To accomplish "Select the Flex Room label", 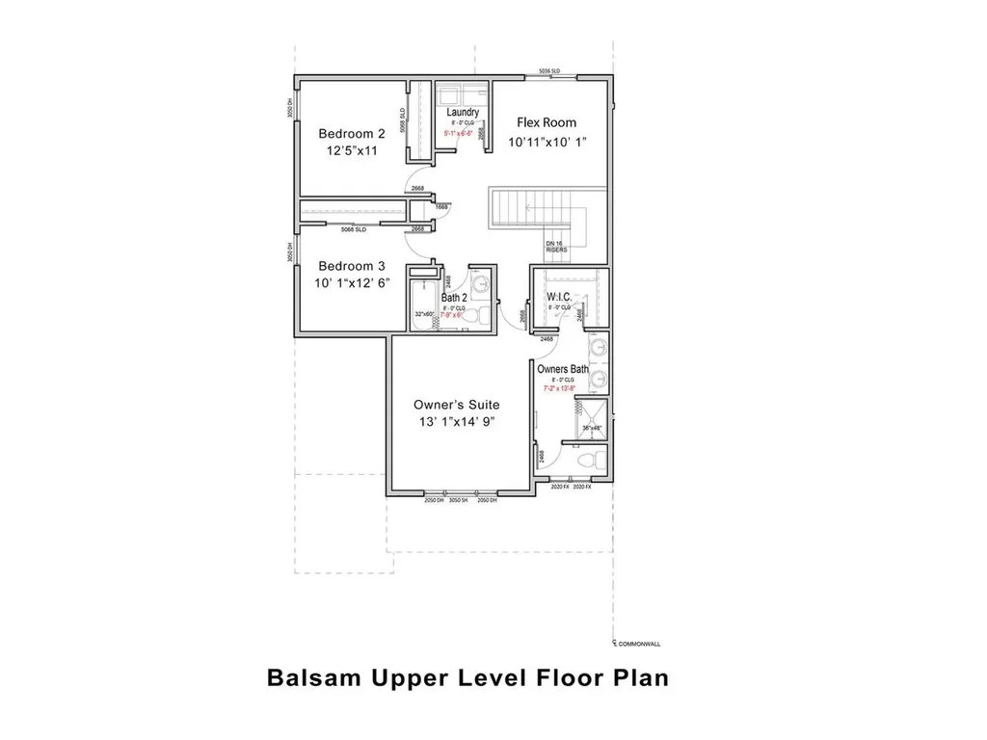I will [547, 122].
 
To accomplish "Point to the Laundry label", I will [463, 113].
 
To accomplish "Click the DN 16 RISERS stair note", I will [556, 247].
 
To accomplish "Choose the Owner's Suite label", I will [457, 405].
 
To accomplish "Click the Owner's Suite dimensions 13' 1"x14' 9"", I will [457, 422].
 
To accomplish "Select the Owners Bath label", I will [563, 369].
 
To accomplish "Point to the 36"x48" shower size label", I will [592, 427].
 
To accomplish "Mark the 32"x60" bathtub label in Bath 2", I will [424, 314].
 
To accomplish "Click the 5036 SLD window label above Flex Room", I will [549, 72].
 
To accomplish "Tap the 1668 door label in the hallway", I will [441, 207].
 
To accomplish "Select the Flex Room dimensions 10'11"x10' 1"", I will [547, 143].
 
